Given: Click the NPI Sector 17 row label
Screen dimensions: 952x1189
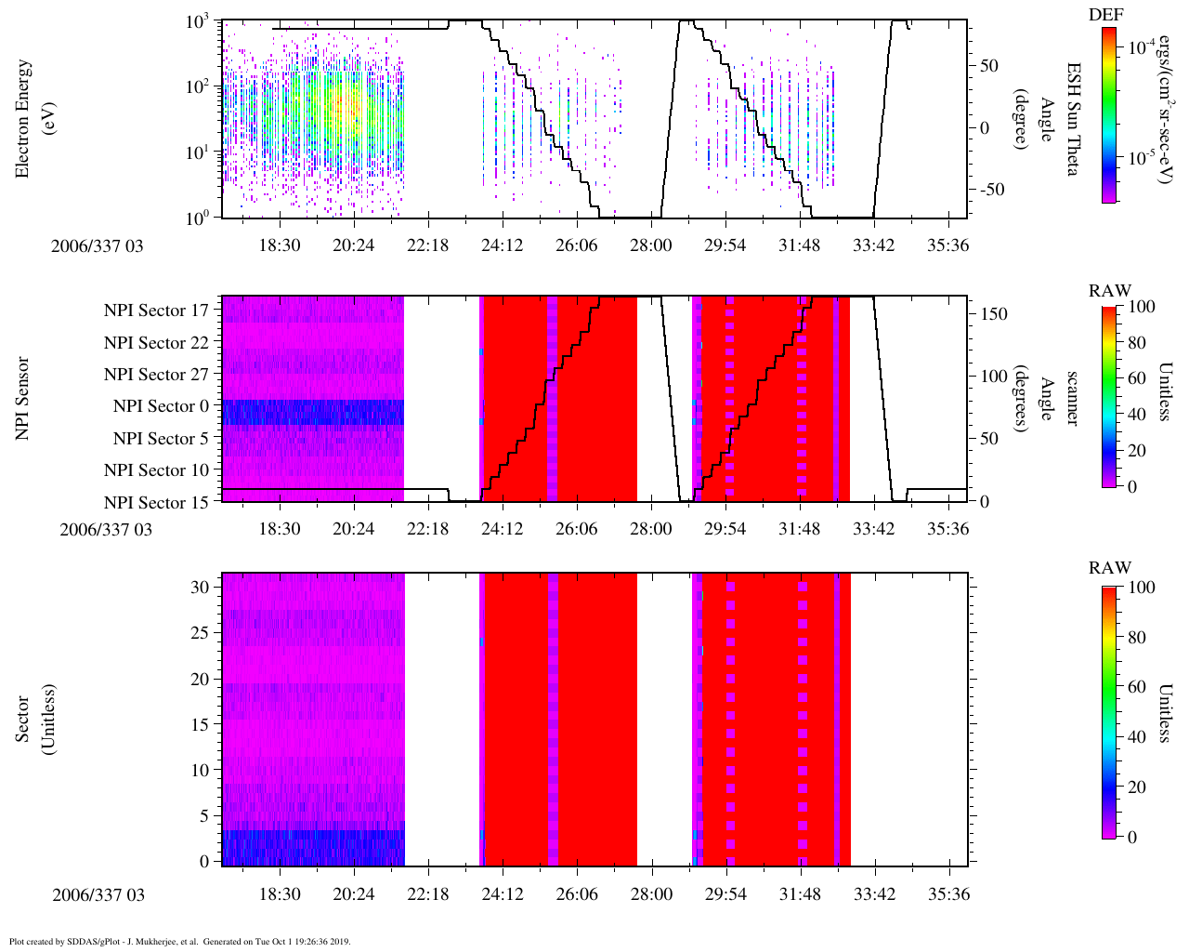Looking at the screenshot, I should coord(157,311).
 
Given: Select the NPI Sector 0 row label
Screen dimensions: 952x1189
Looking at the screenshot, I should coord(162,406).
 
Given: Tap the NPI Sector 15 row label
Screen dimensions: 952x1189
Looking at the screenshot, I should coord(157,503).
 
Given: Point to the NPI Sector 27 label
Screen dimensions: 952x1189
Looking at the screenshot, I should coord(157,375).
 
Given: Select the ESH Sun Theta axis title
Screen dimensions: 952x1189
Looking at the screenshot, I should coord(1073,119).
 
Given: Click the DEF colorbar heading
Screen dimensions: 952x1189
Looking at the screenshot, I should coord(1105,15).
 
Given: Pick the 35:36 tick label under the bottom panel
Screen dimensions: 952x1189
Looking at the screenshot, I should coord(948,894).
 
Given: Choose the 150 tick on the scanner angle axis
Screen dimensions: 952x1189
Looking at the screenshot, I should coord(995,314).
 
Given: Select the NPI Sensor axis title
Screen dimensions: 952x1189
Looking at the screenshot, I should coord(22,398).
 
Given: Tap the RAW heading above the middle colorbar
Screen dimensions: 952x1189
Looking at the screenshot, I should coord(1110,291).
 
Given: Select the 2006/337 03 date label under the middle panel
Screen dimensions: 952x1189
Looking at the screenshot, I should coord(106,530).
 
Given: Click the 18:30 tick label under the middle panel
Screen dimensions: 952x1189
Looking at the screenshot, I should coord(279,529).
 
